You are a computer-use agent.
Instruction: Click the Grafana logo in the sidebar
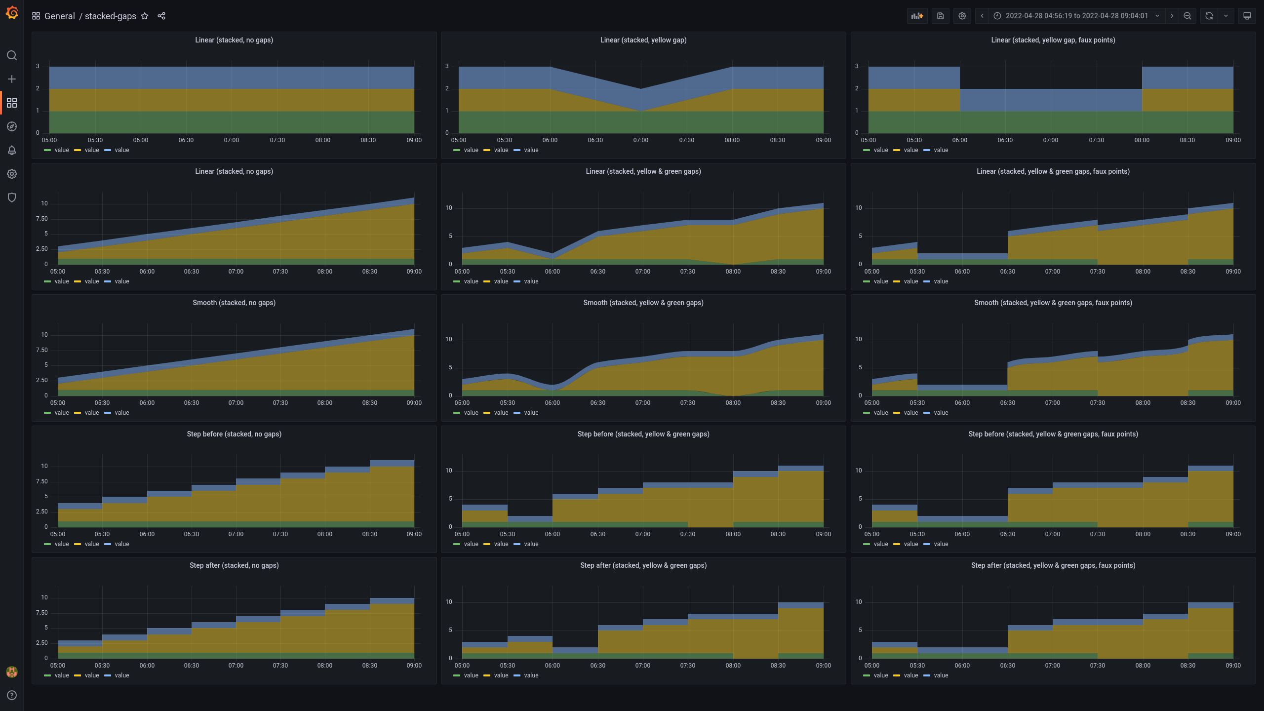12,13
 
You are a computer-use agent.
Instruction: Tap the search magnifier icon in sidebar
12,55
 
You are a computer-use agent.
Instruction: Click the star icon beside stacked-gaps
145,16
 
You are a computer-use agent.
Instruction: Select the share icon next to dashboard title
161,16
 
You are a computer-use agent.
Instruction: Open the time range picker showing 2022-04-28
1076,16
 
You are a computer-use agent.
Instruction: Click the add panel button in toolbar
917,16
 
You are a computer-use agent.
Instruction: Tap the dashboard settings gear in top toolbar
962,16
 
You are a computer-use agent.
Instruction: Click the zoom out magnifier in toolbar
1187,16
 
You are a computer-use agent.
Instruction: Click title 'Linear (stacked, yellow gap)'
643,40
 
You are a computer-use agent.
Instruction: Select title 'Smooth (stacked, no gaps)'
234,303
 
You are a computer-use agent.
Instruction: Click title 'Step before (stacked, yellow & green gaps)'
643,434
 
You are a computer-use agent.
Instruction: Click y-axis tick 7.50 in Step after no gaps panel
42,613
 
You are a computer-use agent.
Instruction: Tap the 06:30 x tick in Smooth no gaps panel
192,403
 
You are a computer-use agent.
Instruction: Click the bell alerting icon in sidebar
12,150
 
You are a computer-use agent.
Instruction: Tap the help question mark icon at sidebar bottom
12,695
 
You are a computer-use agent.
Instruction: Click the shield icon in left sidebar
12,197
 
